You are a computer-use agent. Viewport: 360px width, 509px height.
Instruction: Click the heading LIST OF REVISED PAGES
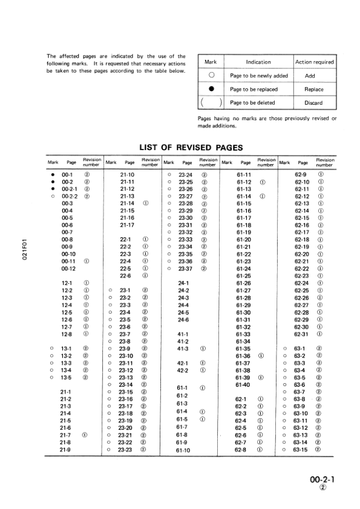pyautogui.click(x=191, y=147)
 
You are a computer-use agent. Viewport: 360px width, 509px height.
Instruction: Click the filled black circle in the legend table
pyautogui.click(x=211, y=89)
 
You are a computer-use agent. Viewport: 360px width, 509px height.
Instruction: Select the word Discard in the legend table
pyautogui.click(x=313, y=103)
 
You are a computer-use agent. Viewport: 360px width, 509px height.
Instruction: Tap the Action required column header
pyautogui.click(x=314, y=62)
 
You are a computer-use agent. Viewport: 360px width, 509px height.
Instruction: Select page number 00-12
pyautogui.click(x=68, y=268)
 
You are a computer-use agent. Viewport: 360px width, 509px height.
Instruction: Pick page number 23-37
pyautogui.click(x=186, y=268)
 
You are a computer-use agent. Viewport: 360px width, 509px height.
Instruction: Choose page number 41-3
pyautogui.click(x=184, y=349)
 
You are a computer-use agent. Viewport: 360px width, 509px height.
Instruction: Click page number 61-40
pyautogui.click(x=243, y=384)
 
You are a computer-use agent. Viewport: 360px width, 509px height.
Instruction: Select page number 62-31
pyautogui.click(x=301, y=333)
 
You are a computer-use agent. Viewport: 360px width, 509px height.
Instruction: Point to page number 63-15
pyautogui.click(x=301, y=450)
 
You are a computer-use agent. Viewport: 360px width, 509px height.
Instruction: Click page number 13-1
pyautogui.click(x=67, y=349)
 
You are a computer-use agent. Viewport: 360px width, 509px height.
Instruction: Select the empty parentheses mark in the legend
pyautogui.click(x=211, y=102)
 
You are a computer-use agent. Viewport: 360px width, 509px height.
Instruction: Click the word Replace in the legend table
pyautogui.click(x=313, y=89)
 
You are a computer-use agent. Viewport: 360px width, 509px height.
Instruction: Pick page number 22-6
pyautogui.click(x=126, y=275)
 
